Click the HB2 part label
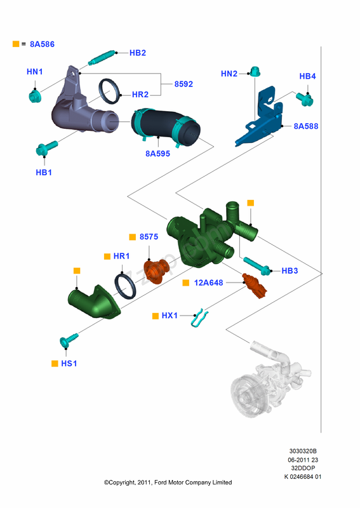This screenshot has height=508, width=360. pos(138,53)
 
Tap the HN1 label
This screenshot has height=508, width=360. pos(34,72)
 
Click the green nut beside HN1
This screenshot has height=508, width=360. pos(34,96)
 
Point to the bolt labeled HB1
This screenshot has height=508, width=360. pos(45,150)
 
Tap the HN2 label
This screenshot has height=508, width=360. pos(229,74)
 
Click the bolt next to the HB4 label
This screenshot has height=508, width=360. pos(305,98)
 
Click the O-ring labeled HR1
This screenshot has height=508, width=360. pos(126,284)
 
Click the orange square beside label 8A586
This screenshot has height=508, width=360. pos(16,44)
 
